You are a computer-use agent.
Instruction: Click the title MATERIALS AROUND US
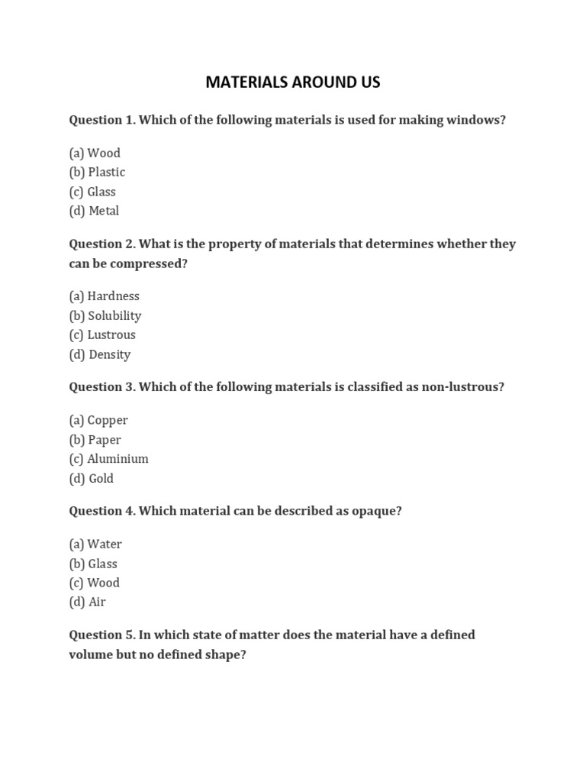tap(293, 82)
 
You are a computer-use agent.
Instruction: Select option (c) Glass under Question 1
tap(92, 192)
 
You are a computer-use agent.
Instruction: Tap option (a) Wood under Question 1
tap(95, 153)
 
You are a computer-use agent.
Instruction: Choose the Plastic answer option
tap(97, 172)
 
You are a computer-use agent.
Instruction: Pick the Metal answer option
tap(94, 211)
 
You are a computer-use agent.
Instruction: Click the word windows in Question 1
tap(477, 120)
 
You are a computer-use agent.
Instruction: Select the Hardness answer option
tap(104, 296)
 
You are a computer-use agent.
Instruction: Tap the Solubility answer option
tap(105, 315)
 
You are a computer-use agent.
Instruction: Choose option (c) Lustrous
tap(102, 334)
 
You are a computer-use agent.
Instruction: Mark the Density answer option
tap(100, 354)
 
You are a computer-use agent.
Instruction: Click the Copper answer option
tap(98, 420)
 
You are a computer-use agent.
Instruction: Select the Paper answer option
tap(95, 440)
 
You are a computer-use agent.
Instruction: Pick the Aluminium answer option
tap(108, 459)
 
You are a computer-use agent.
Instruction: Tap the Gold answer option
tap(92, 478)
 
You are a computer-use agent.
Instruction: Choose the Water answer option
tap(95, 544)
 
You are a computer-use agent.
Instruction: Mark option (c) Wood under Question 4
tap(94, 583)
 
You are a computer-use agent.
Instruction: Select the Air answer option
tap(88, 602)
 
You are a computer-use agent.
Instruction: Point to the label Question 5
tap(101, 635)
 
